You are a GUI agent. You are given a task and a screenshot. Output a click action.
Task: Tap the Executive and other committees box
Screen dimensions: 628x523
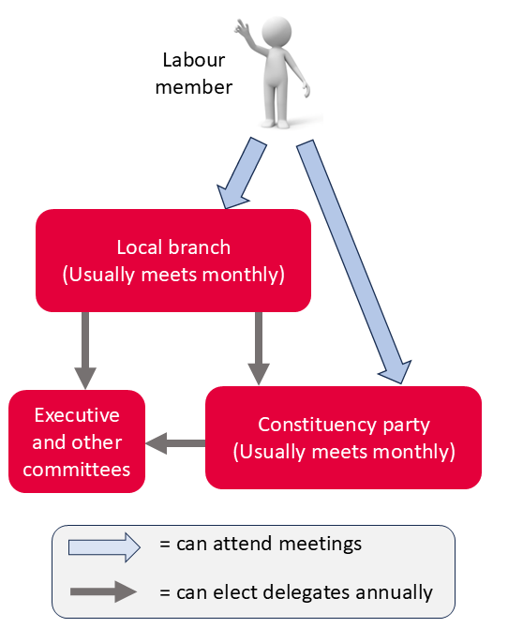click(x=77, y=441)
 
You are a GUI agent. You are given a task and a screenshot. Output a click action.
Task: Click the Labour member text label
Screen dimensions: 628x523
click(x=194, y=74)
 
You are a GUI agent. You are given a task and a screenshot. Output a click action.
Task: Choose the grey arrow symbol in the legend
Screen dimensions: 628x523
click(x=104, y=592)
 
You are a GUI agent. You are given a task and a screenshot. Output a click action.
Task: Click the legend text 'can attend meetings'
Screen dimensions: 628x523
click(x=261, y=544)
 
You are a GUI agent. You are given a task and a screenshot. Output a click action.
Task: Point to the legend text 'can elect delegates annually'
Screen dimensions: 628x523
click(x=296, y=592)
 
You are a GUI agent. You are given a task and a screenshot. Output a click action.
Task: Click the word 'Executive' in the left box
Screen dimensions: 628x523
click(x=77, y=415)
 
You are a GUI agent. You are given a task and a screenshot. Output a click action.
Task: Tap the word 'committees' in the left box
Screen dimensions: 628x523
click(x=77, y=469)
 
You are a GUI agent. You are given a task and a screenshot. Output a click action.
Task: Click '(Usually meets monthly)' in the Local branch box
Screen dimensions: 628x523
click(x=173, y=275)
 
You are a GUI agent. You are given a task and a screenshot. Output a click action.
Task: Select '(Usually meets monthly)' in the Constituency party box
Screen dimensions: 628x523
click(x=344, y=452)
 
